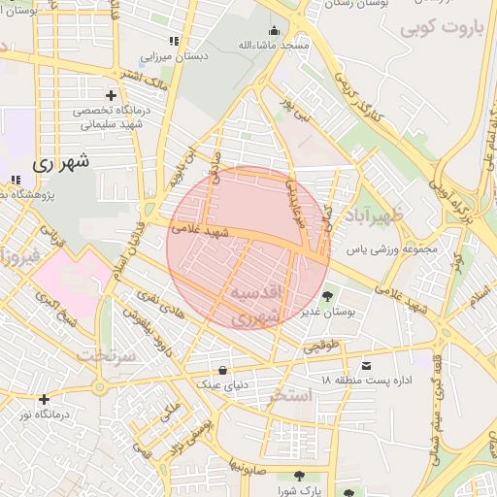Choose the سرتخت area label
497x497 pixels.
[x=103, y=354]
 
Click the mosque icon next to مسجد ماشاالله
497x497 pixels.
[x=275, y=30]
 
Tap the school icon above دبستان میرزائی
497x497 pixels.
[x=174, y=42]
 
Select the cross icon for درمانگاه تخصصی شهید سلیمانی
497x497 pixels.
[x=111, y=95]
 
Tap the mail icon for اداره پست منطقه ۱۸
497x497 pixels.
[x=366, y=365]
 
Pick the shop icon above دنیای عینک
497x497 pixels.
[x=224, y=370]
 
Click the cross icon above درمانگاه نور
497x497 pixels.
[x=44, y=399]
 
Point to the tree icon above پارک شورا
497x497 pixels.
[x=298, y=476]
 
